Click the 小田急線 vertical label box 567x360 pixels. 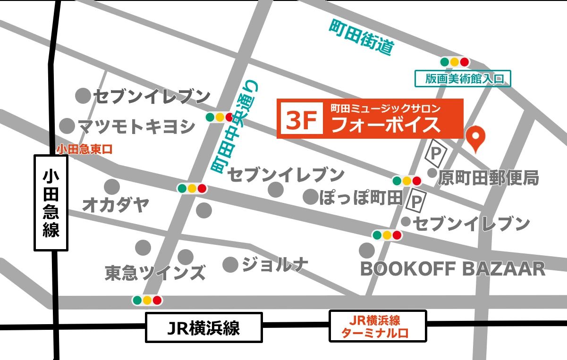click(x=51, y=203)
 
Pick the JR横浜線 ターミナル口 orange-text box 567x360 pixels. click(x=377, y=327)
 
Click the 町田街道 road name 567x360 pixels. click(x=362, y=37)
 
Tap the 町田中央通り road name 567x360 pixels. click(x=235, y=126)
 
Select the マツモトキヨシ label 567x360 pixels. click(x=136, y=126)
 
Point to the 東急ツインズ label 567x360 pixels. click(x=155, y=272)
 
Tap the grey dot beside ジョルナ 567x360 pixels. click(x=230, y=264)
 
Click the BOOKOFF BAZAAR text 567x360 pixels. click(x=453, y=269)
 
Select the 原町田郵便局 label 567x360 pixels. click(x=489, y=177)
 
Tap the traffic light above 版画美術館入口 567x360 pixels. click(x=455, y=62)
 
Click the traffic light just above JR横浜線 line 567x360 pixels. click(x=147, y=300)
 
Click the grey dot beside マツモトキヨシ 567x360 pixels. click(x=68, y=126)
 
